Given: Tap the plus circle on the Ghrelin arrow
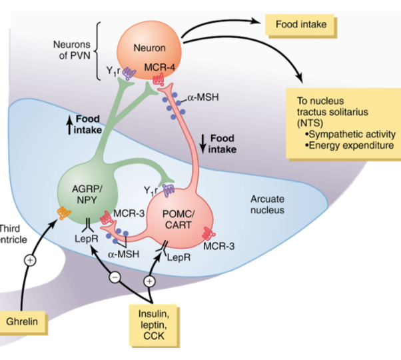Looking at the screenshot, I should click(29, 260).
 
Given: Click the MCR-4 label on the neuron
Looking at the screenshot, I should click(159, 67).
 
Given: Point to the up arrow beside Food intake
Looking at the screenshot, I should click(68, 123).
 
